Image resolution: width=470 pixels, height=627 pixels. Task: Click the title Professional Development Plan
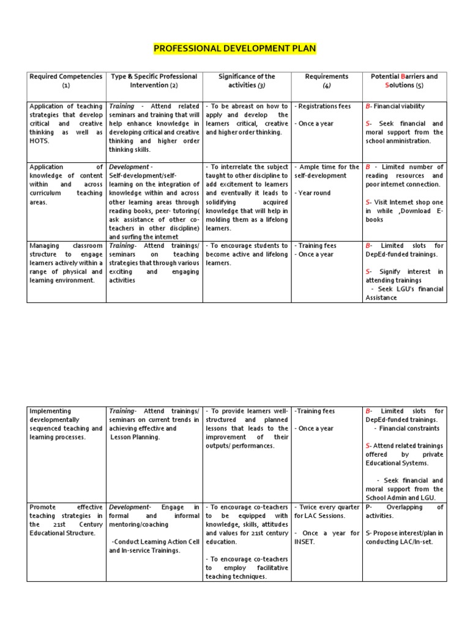click(x=234, y=48)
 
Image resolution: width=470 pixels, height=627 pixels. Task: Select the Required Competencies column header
click(x=66, y=81)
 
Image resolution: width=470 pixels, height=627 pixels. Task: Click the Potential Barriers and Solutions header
click(x=405, y=81)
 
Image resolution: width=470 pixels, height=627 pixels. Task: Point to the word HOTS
click(x=39, y=141)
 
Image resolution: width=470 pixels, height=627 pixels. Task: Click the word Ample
click(x=310, y=167)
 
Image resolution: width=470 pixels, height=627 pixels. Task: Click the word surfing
click(x=135, y=237)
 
